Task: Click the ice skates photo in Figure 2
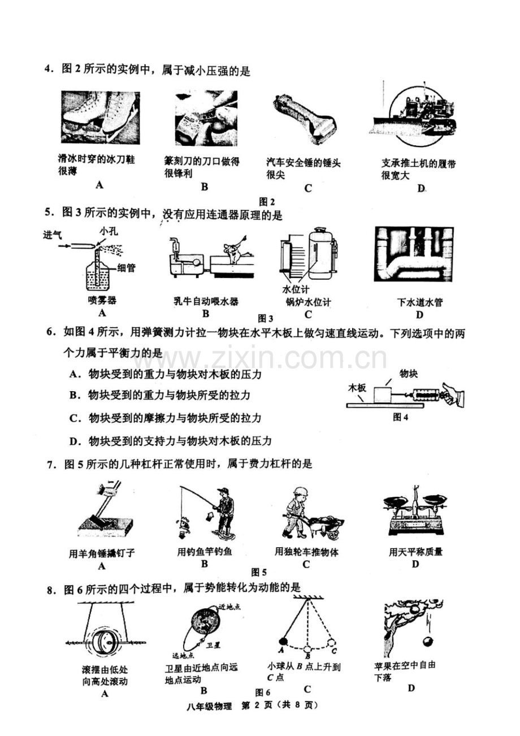coord(100,118)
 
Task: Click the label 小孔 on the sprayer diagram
coord(109,232)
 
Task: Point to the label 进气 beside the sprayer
coord(52,235)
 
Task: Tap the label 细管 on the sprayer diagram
coord(126,268)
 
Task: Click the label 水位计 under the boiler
coord(295,289)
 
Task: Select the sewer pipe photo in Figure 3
coord(414,254)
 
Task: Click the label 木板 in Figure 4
coord(357,388)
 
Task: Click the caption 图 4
coord(400,417)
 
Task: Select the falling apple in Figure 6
coord(428,642)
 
